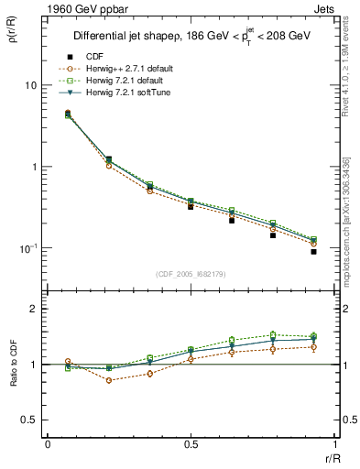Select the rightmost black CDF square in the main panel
coord(313,251)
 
